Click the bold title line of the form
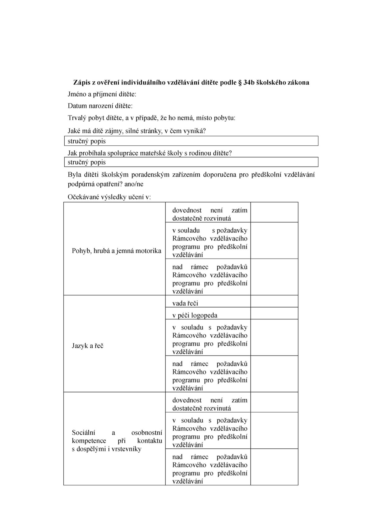[191, 83]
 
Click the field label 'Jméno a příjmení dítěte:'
[102, 94]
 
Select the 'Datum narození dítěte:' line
[100, 106]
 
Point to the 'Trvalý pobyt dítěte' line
[151, 118]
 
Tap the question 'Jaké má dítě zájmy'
[137, 131]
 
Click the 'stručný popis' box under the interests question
[191, 141]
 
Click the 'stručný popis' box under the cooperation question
[191, 162]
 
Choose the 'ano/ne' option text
[134, 184]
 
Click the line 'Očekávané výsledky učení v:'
[109, 197]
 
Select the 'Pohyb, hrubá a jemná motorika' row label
[116, 251]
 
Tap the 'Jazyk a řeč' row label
[88, 346]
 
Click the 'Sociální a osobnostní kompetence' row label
[117, 441]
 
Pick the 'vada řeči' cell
[185, 303]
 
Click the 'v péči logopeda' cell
[195, 315]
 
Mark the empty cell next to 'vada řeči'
[274, 301]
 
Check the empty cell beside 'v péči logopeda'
[274, 313]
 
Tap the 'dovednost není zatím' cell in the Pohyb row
[210, 214]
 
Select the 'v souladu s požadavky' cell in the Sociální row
[210, 432]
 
